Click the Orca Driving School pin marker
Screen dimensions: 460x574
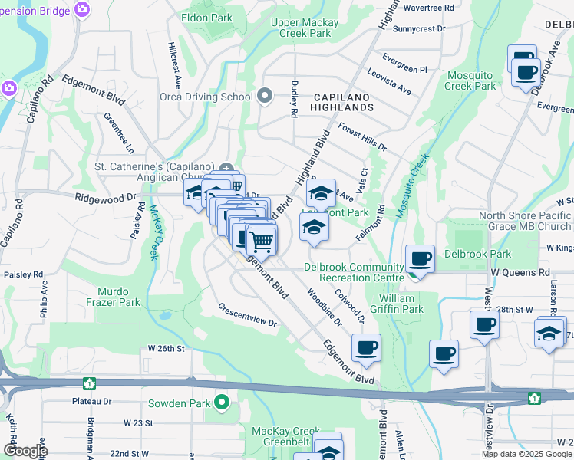(x=265, y=97)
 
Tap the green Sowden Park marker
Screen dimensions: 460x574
(x=223, y=402)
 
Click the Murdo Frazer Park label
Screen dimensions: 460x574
(x=119, y=297)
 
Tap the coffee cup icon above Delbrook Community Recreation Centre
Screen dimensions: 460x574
(x=420, y=259)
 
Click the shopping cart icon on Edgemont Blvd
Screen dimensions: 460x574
(x=262, y=242)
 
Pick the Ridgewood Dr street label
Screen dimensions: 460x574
(x=105, y=197)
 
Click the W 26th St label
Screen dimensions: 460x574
(x=167, y=348)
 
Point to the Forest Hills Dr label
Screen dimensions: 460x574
(x=362, y=136)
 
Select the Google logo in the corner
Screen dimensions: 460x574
(x=25, y=451)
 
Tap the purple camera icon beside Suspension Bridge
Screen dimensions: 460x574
(x=82, y=10)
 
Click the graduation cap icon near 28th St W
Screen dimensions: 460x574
(x=549, y=333)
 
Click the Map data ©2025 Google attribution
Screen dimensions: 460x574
(x=526, y=454)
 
